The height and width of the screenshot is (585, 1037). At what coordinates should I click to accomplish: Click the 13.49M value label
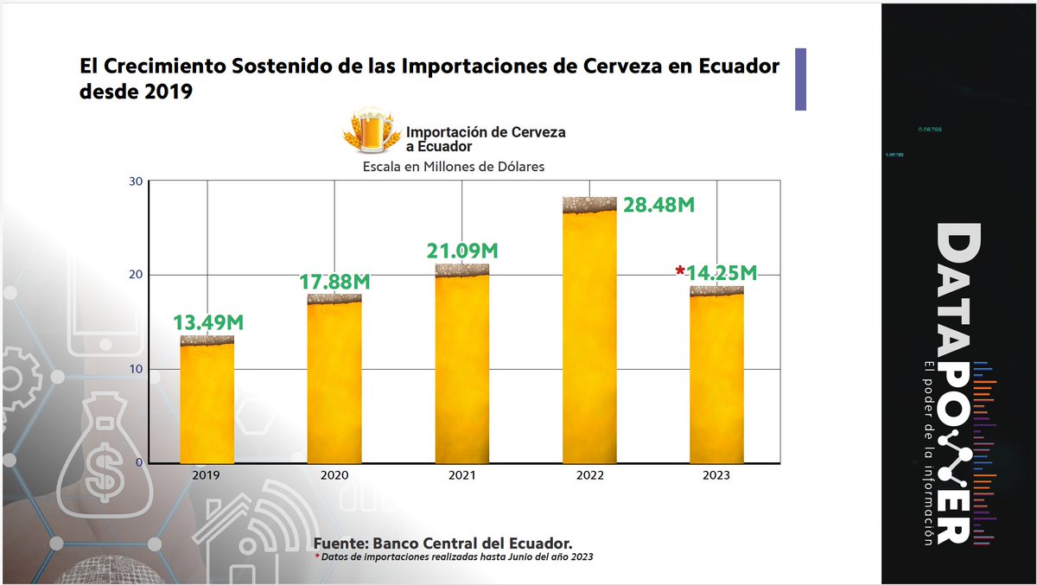[x=207, y=322]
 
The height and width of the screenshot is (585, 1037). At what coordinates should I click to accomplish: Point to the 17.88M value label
[x=334, y=282]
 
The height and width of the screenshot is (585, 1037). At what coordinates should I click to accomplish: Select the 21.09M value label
[x=462, y=251]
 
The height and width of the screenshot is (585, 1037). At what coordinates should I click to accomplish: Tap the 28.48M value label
[x=658, y=207]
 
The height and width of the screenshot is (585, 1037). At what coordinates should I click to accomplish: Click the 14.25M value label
[x=722, y=273]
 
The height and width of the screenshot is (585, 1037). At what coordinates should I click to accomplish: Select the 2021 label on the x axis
[x=462, y=476]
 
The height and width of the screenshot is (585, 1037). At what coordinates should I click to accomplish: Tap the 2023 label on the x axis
[x=716, y=476]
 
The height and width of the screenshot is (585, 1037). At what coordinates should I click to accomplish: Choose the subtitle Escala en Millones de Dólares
[x=453, y=167]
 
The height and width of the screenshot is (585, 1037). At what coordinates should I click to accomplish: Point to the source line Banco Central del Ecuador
[x=442, y=543]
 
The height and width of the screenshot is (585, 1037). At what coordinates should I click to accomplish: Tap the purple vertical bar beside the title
[x=800, y=79]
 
